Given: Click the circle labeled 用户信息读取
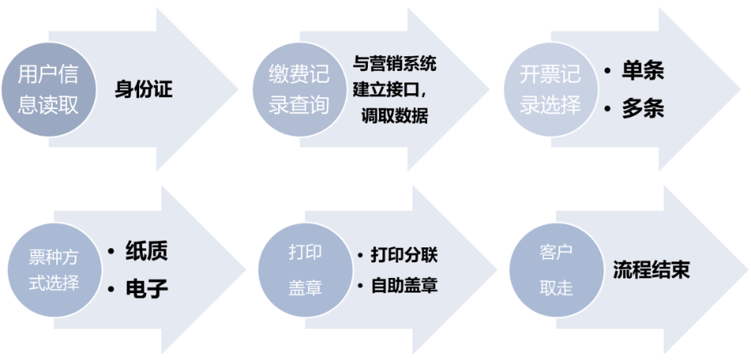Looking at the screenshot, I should click(48, 88).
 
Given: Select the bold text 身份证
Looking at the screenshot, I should click(143, 89).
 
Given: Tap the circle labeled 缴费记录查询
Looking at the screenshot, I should click(299, 88).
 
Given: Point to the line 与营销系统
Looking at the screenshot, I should click(394, 64).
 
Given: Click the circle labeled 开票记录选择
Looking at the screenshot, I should click(550, 88).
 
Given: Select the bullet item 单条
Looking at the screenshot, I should click(643, 70).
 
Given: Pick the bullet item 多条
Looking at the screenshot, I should click(643, 108).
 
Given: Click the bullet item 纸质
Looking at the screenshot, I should click(147, 251).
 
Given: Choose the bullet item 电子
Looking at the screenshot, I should click(147, 288).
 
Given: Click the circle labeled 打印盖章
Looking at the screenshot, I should click(305, 270).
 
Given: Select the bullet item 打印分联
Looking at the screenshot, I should click(403, 254).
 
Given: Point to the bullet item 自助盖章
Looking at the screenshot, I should click(403, 285).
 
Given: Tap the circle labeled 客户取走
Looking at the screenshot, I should click(556, 270).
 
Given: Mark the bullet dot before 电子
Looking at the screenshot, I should click(111, 288).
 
